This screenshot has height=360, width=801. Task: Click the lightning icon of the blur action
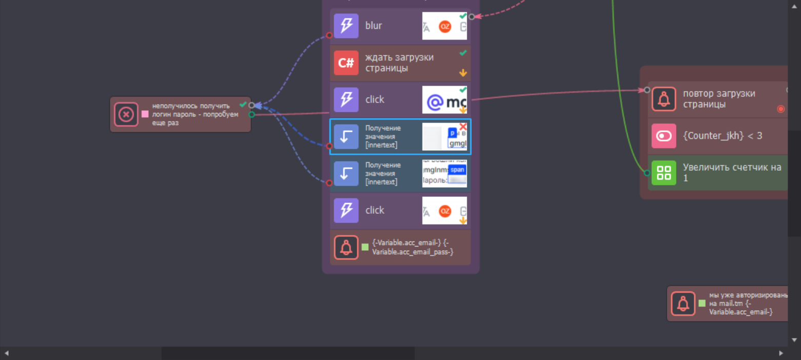point(346,26)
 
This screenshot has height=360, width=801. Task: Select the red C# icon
point(346,63)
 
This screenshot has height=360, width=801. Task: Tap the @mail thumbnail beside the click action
point(444,100)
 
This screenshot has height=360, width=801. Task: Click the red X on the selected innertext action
point(463,126)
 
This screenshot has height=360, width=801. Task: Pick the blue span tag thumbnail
point(457,170)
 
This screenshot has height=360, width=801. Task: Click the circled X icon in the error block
point(126,114)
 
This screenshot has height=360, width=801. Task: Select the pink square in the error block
point(145,114)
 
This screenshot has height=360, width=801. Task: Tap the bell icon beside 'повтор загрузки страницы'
point(664,99)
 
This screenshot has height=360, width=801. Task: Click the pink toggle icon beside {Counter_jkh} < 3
point(664,136)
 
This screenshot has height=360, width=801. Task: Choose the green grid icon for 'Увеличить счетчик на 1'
point(664,173)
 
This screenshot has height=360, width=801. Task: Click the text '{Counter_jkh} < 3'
point(722,136)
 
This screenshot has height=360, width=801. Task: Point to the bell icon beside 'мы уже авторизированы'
point(683,304)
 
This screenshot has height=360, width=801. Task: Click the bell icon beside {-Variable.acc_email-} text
point(346,247)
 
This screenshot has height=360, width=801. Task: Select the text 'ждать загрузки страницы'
point(399,63)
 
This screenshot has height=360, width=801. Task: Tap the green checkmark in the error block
point(243,105)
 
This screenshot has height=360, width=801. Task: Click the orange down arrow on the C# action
point(463,73)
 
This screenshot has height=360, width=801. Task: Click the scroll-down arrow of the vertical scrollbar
point(794,339)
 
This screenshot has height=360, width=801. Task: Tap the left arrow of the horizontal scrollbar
point(7,353)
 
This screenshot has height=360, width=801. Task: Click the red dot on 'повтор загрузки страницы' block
point(780,109)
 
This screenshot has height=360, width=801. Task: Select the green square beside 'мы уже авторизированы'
point(702,303)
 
